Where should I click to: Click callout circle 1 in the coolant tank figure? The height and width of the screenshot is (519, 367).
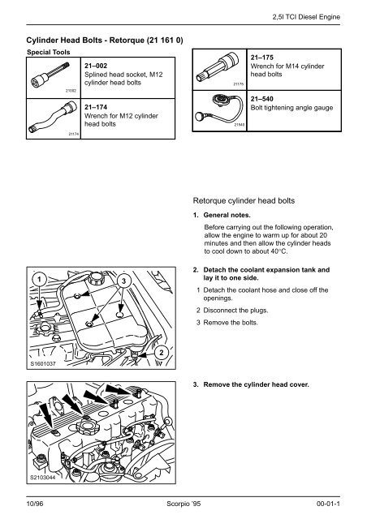(x=37, y=281)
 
